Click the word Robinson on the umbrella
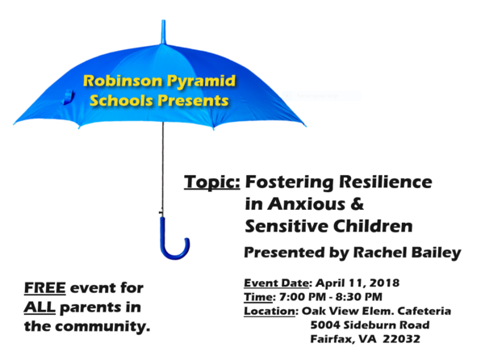click(x=119, y=81)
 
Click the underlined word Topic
click(x=211, y=182)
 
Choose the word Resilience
click(x=385, y=182)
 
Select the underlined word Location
click(x=270, y=310)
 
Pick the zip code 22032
click(x=401, y=338)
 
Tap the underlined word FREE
click(x=44, y=288)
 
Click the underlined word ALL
click(x=40, y=308)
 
